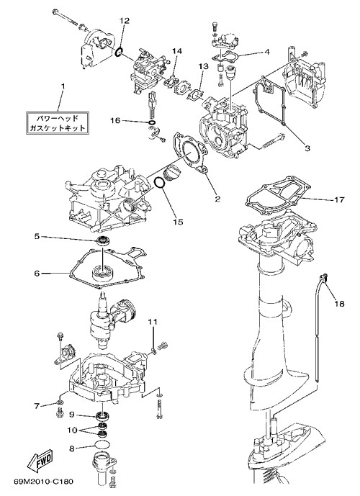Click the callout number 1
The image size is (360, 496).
63,86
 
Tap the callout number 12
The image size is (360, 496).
125,21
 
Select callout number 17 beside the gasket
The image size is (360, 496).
339,200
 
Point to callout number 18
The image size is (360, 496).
339,304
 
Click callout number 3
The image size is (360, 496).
307,148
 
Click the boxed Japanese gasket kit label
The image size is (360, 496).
57,123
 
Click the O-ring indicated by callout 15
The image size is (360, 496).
160,183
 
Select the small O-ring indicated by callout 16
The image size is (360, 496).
151,122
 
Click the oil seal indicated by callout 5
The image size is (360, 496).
103,240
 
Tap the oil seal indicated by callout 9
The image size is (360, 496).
102,415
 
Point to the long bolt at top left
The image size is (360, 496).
65,18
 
